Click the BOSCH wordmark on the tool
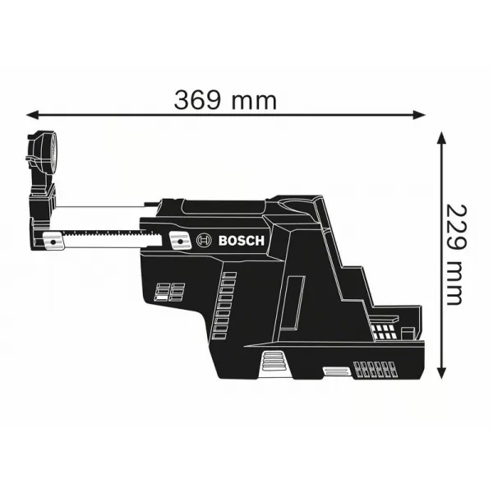tap(242, 241)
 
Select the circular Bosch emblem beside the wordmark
tap(203, 241)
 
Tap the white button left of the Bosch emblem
tap(176, 240)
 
